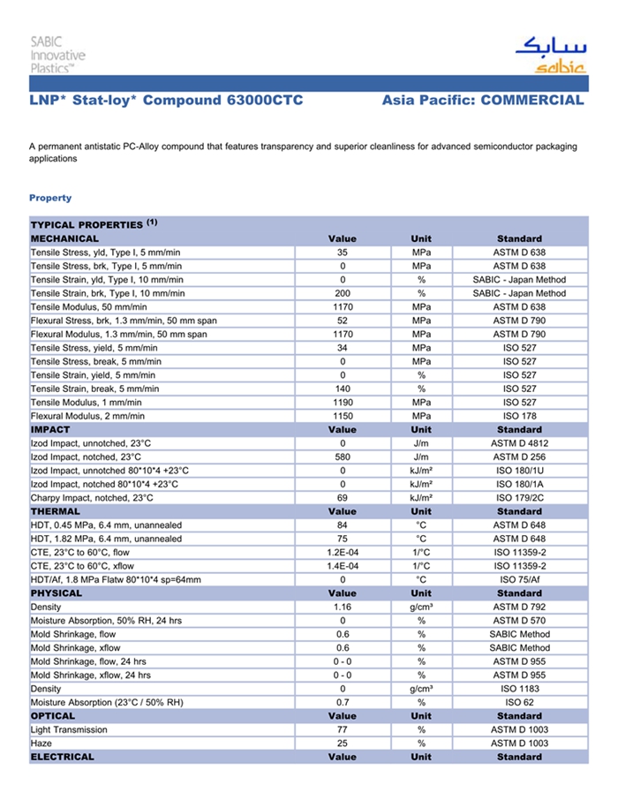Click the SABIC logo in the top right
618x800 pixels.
(x=549, y=55)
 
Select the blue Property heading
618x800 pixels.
(x=50, y=198)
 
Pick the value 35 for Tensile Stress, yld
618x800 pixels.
(x=343, y=253)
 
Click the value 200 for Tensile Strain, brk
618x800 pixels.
(x=343, y=293)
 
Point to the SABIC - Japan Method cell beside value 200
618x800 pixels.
(x=519, y=293)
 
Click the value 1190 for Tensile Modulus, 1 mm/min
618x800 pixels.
(x=343, y=402)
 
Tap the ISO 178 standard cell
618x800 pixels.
(x=519, y=416)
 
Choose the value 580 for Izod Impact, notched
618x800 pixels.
(x=343, y=457)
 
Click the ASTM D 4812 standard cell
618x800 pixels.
(x=519, y=443)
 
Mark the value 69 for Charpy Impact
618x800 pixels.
(x=343, y=498)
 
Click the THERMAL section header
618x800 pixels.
(x=56, y=511)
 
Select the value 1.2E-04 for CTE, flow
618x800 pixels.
(x=343, y=552)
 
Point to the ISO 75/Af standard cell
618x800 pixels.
(x=519, y=579)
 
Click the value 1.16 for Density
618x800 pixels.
(x=343, y=608)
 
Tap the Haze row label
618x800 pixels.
(x=41, y=743)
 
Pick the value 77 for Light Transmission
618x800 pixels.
(x=343, y=730)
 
